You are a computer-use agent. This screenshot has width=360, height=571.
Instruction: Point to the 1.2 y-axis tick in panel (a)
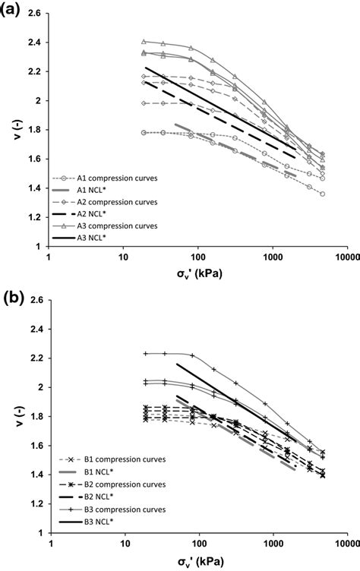click(x=34, y=217)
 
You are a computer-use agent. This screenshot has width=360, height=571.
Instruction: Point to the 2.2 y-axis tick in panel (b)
click(x=34, y=358)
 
